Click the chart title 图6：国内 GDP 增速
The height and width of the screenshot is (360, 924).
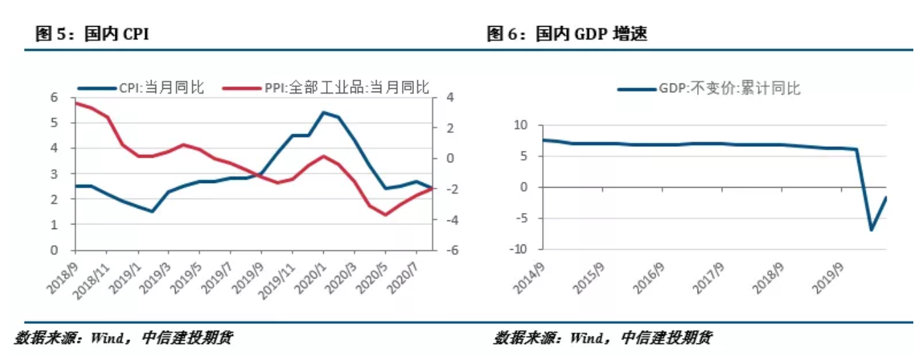[x=567, y=35]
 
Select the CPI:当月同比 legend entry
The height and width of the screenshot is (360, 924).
[x=141, y=87]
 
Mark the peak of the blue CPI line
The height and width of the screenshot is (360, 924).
[x=324, y=112]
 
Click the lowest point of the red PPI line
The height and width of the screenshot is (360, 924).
[x=385, y=214]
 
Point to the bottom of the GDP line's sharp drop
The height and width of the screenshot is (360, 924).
[x=871, y=230]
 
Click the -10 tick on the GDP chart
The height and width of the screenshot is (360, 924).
[x=518, y=249]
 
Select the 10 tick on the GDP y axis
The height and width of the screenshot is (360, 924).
[x=521, y=126]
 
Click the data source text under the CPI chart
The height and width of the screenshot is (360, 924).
[x=124, y=338]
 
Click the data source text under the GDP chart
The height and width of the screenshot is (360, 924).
[x=602, y=338]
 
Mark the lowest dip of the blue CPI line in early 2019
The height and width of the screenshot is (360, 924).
[x=153, y=211]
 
